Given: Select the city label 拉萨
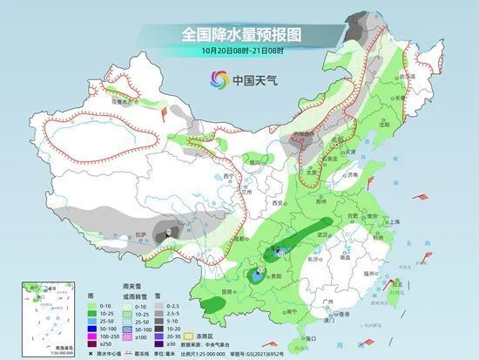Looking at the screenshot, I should (x=142, y=235).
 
